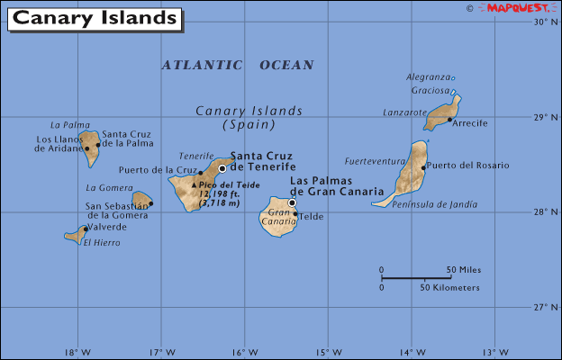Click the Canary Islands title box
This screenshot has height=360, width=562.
[94, 18]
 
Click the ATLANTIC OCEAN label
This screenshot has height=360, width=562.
[238, 65]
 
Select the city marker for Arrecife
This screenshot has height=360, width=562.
[449, 119]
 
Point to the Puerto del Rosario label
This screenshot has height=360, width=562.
[467, 166]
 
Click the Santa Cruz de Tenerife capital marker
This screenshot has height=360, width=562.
[222, 167]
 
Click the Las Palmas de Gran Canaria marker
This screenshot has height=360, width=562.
[292, 202]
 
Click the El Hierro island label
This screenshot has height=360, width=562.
[100, 243]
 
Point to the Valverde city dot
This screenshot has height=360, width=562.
[86, 229]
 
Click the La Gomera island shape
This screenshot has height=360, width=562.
[140, 200]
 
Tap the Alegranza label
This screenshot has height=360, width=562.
[427, 77]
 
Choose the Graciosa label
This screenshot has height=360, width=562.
[429, 90]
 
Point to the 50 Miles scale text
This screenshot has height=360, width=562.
[464, 270]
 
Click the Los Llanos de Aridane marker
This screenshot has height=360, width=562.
[86, 148]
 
